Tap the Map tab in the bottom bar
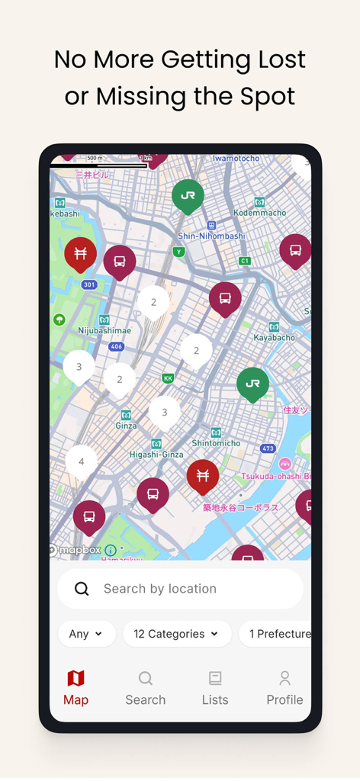point(76,687)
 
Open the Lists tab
point(215,687)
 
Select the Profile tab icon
point(284,687)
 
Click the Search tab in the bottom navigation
point(145,687)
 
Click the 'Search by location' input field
point(180,589)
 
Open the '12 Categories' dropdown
point(176,634)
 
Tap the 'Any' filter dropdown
point(86,634)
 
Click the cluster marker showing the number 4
point(82,461)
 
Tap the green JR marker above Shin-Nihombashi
point(188,195)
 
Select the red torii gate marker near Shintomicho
point(203,475)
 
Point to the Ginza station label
point(127,426)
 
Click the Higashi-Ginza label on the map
point(156,454)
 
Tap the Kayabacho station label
point(274,337)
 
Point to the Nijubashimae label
point(104,330)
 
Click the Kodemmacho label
point(259,212)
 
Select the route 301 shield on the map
point(89,285)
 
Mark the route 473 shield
point(268,448)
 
